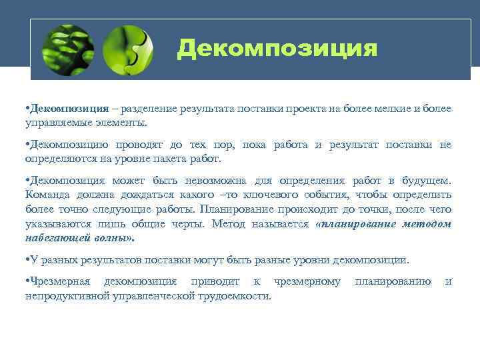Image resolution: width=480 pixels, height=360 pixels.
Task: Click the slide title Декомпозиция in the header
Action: (x=277, y=49)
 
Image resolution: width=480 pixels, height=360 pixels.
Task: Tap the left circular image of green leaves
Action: (x=67, y=49)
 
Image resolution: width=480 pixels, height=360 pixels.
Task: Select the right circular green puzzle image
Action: (x=129, y=49)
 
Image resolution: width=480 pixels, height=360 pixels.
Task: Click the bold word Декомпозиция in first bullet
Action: (x=69, y=109)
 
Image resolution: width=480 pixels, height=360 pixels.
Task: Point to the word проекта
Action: (x=297, y=109)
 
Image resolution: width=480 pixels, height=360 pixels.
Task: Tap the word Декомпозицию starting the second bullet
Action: (x=70, y=145)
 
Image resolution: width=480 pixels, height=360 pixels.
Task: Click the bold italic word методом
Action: (x=427, y=224)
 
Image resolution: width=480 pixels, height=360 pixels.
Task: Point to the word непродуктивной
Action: (x=67, y=296)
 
